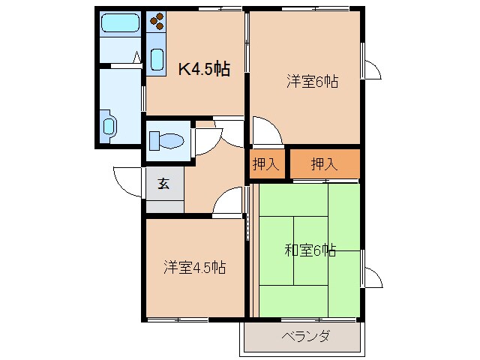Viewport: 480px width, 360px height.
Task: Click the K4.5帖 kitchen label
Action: (203, 69)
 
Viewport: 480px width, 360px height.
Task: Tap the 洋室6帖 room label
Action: (312, 81)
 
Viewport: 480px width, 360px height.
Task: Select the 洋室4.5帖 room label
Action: (195, 267)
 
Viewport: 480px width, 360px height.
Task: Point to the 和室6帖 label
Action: (310, 250)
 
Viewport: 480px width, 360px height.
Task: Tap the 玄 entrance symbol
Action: (163, 183)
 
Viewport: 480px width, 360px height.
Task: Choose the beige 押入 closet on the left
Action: (265, 165)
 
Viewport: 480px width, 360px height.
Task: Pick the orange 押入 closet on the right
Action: (324, 165)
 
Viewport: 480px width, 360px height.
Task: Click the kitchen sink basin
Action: (157, 58)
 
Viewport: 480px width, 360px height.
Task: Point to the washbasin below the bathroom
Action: (109, 125)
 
